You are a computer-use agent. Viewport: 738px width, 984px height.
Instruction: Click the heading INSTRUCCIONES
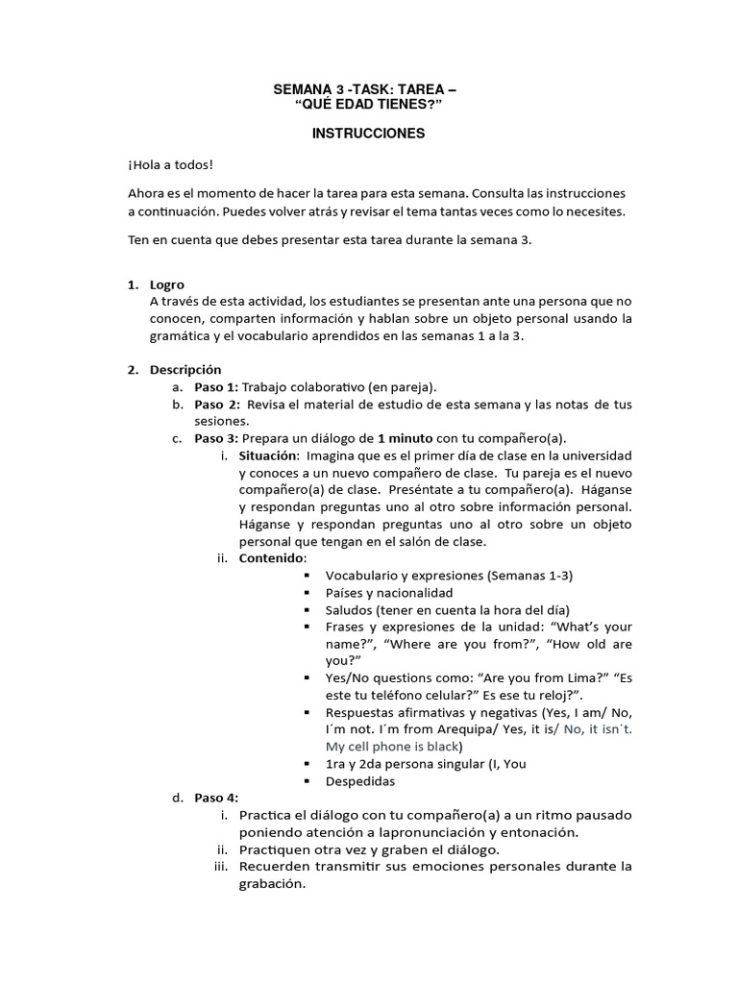pos(368,134)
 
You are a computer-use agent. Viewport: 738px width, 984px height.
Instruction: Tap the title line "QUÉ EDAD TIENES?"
pos(368,105)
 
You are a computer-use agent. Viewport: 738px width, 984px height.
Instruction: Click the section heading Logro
pos(167,284)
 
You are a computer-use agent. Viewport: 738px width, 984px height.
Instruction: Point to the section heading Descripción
pos(185,369)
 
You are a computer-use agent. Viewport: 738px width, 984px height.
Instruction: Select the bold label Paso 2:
pos(216,405)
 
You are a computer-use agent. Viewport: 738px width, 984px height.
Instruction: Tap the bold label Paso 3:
pos(216,438)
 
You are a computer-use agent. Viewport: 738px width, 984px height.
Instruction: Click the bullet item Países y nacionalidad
pos(389,593)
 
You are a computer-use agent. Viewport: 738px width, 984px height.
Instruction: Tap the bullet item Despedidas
pos(360,781)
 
